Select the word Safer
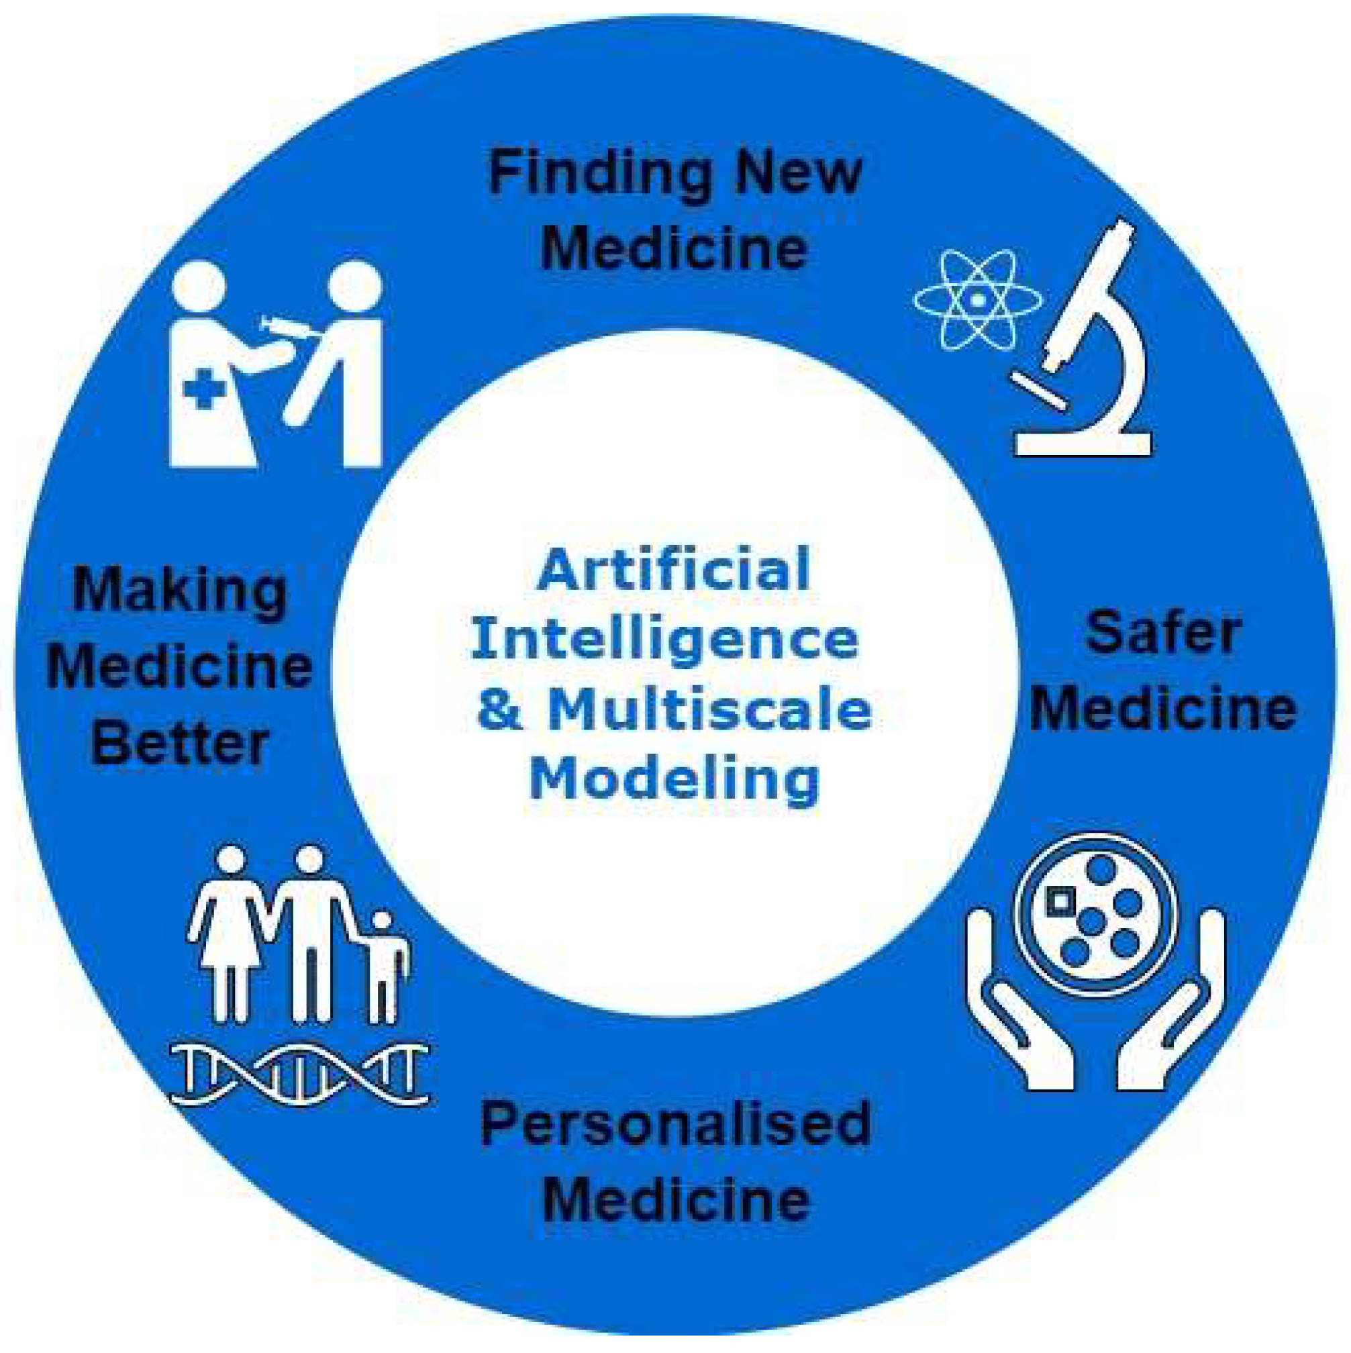click(1162, 633)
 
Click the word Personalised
click(675, 1125)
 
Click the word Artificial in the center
click(674, 570)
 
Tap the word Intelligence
click(665, 642)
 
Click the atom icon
click(978, 300)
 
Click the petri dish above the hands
click(1096, 915)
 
